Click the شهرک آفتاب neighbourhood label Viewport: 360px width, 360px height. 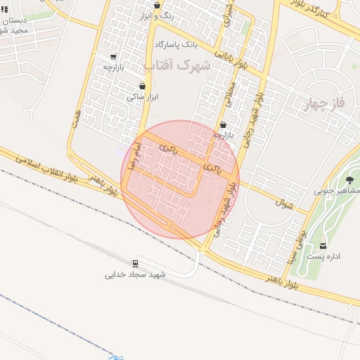(x=177, y=65)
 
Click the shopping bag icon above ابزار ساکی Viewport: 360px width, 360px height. (x=143, y=86)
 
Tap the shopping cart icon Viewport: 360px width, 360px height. (x=114, y=56)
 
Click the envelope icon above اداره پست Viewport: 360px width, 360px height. (x=323, y=245)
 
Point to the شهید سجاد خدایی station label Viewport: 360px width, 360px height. (x=135, y=274)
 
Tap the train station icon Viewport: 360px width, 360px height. (x=135, y=262)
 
